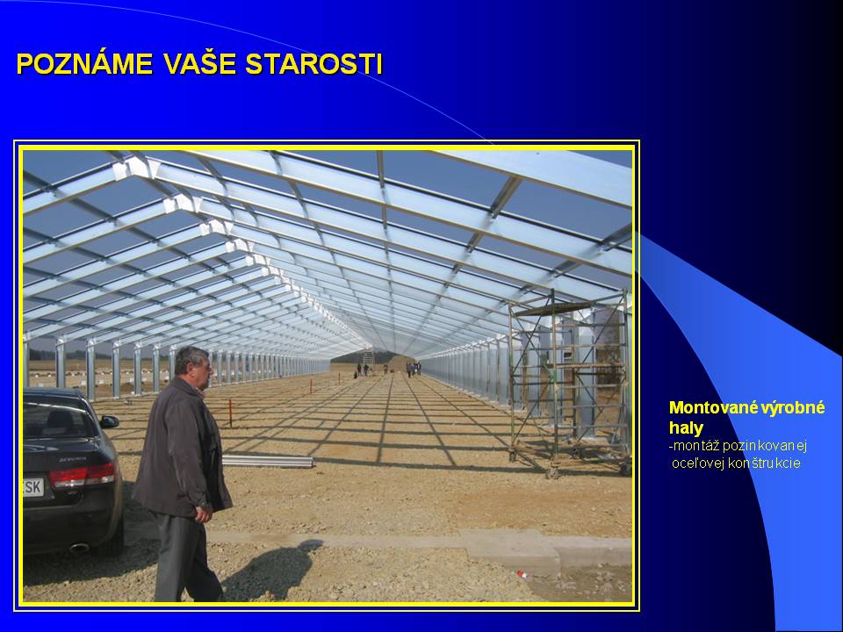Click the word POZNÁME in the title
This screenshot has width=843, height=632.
[x=85, y=63]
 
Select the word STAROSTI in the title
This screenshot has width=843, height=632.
[x=314, y=63]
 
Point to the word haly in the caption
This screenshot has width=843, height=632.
[x=686, y=427]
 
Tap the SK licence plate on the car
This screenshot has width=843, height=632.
[x=33, y=487]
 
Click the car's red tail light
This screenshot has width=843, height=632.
[x=82, y=476]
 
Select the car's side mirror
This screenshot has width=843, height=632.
[x=109, y=421]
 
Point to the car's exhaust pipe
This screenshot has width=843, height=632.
[x=79, y=548]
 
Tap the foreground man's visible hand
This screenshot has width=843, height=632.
[x=203, y=515]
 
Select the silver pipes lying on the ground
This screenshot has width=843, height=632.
[x=267, y=461]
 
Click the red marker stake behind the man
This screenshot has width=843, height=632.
[x=230, y=413]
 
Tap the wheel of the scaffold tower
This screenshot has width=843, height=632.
[x=551, y=473]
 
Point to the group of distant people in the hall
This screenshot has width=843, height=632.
[x=386, y=370]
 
